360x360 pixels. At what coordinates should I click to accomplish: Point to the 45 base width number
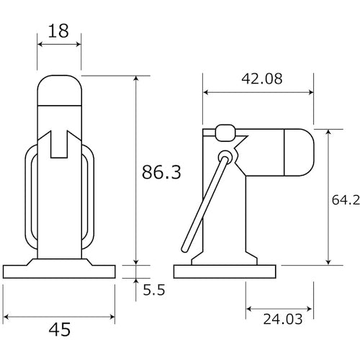pos(60,330)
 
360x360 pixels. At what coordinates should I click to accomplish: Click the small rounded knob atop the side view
pos(225,132)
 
